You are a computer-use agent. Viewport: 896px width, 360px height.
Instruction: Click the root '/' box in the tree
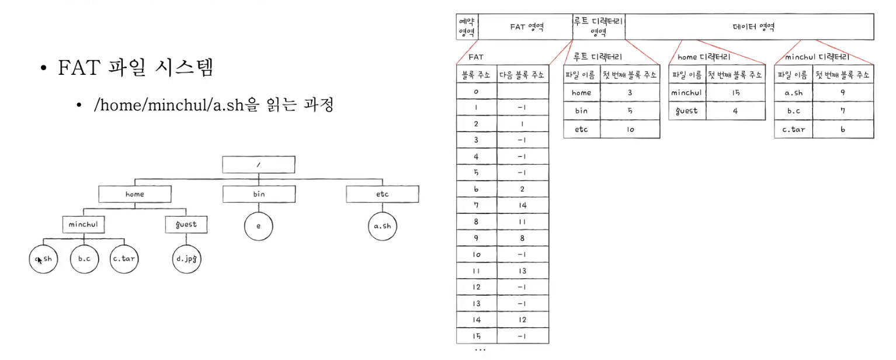click(x=258, y=164)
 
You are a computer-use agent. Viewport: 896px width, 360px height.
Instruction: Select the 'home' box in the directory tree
click(x=135, y=194)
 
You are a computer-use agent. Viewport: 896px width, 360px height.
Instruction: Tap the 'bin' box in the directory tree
click(x=258, y=194)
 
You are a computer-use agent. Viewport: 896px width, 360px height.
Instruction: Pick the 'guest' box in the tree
click(x=186, y=224)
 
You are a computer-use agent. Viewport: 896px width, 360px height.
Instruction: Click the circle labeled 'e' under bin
click(x=258, y=226)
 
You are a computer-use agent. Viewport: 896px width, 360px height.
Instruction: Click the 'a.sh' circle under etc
click(x=382, y=226)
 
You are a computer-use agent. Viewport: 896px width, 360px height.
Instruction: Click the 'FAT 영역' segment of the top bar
click(x=525, y=27)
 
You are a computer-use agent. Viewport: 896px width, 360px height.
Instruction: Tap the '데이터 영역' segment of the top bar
click(x=749, y=27)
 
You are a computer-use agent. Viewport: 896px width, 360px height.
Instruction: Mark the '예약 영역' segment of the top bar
click(x=466, y=27)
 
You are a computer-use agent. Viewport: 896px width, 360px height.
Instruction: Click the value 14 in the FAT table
click(x=522, y=205)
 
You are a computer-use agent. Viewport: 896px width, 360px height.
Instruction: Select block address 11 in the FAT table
click(x=476, y=271)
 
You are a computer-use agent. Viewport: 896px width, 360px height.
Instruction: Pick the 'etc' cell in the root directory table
click(x=581, y=129)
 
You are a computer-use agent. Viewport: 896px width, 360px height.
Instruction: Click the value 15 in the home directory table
click(x=735, y=92)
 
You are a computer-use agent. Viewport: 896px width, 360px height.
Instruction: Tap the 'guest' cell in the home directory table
click(x=687, y=110)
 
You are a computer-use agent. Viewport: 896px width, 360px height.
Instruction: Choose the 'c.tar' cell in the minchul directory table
click(x=793, y=129)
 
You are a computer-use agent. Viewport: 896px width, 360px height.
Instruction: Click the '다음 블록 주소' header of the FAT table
click(x=522, y=74)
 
